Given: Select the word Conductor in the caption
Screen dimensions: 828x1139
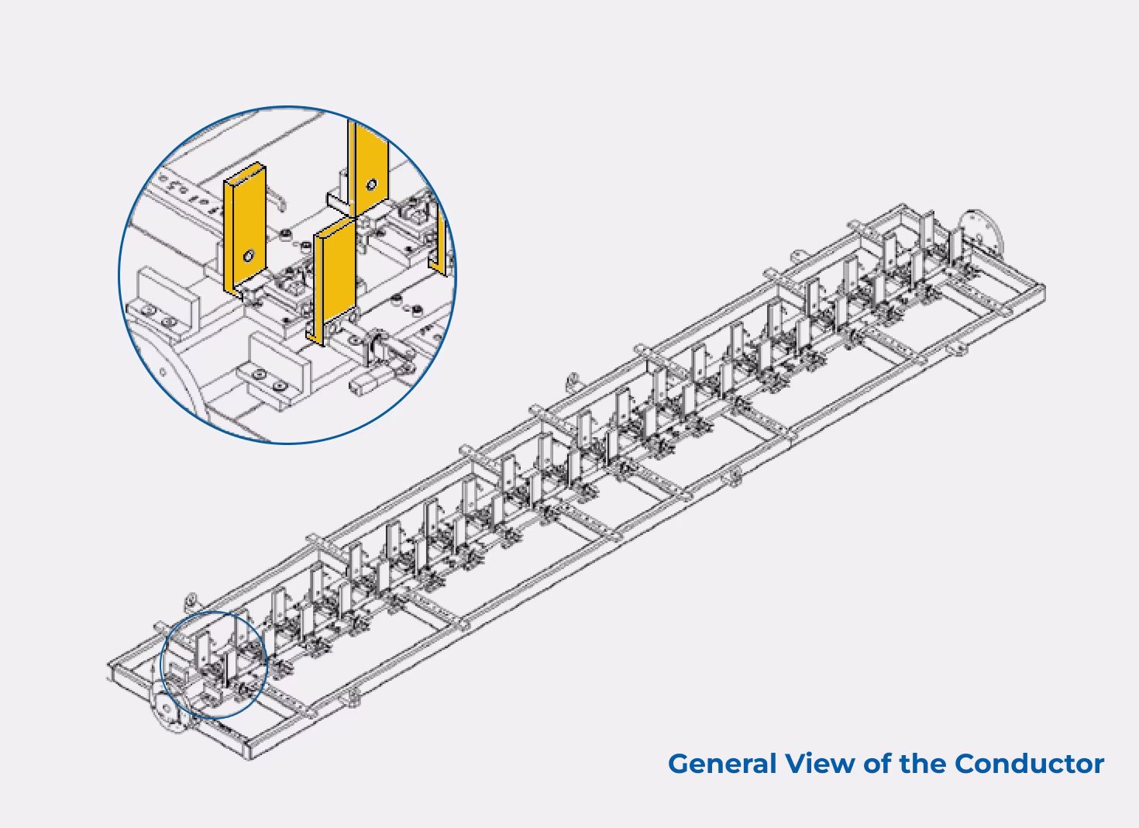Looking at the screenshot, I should tap(1029, 764).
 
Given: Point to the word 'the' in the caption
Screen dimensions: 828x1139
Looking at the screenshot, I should tap(923, 764).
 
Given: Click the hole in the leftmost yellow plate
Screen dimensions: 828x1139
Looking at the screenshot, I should tap(249, 255).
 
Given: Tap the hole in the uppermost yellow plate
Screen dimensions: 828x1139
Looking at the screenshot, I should tap(372, 185).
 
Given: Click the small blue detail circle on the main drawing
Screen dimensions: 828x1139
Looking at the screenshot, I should tap(213, 664).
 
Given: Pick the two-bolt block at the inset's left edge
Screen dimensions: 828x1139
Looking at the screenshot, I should tap(160, 302).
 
